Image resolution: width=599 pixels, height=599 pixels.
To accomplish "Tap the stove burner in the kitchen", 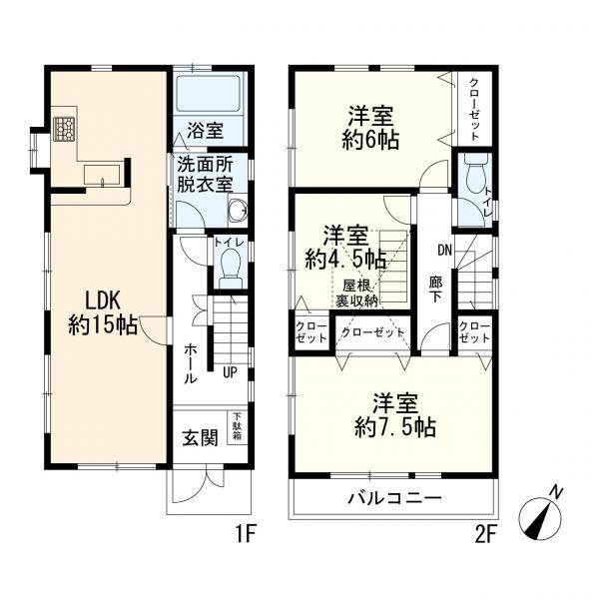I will (x=65, y=129).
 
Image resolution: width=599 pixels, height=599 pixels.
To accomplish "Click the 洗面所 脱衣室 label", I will (x=206, y=176).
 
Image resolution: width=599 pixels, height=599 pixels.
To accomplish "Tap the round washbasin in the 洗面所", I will (x=236, y=210).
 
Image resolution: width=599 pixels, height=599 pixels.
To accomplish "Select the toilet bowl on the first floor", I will (x=229, y=267).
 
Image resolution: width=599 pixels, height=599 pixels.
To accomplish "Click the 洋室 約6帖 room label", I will (x=373, y=128).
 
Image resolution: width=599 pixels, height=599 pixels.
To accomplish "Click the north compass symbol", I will (x=543, y=514).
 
